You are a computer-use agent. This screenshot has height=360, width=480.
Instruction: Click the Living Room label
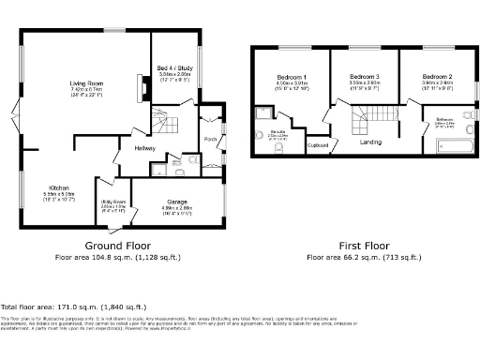click(86, 83)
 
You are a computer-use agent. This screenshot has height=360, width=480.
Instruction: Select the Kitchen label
click(61, 188)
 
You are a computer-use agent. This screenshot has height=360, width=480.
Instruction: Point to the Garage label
click(177, 202)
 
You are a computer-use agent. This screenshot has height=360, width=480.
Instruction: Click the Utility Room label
click(112, 202)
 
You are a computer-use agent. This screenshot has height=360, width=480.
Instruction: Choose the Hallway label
click(144, 148)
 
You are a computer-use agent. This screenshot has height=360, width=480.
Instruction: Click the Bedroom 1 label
click(291, 75)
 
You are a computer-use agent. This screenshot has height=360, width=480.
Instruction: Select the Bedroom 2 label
click(438, 75)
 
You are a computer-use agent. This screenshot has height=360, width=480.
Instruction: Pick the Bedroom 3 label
click(365, 75)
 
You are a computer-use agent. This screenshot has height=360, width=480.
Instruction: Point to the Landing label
click(370, 142)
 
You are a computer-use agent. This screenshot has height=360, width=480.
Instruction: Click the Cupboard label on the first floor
click(318, 145)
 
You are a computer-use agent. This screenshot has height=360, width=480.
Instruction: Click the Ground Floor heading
click(117, 245)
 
